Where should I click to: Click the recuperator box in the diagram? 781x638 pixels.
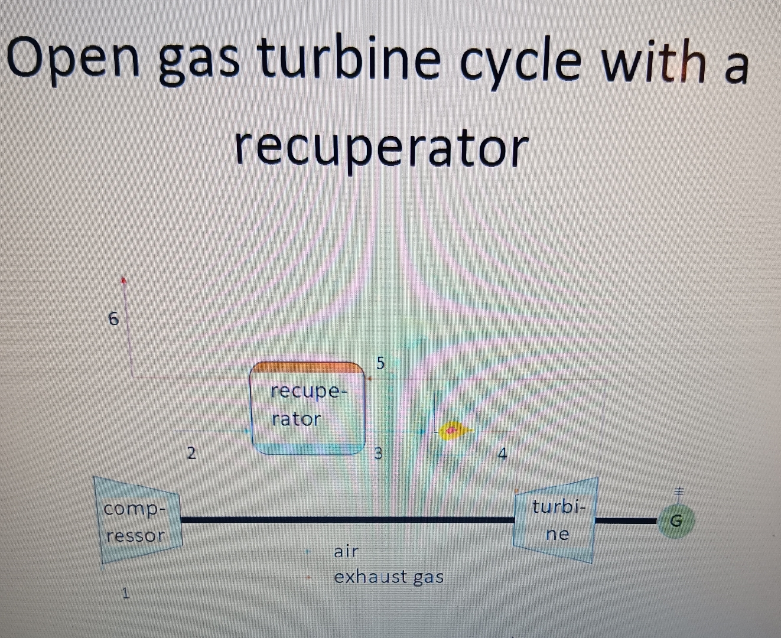tap(308, 408)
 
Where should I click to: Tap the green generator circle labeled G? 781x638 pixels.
tap(677, 521)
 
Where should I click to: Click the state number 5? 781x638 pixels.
tap(380, 363)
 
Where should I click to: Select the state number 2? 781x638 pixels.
tap(191, 454)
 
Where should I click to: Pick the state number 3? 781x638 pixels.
tap(379, 454)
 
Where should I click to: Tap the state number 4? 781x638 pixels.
tap(502, 454)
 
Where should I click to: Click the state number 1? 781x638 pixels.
tap(125, 594)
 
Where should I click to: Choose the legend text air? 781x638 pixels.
tap(346, 552)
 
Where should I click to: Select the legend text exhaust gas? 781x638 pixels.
tap(389, 577)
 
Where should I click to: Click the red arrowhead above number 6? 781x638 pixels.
tap(124, 279)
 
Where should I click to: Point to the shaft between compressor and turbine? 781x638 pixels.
tap(349, 520)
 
